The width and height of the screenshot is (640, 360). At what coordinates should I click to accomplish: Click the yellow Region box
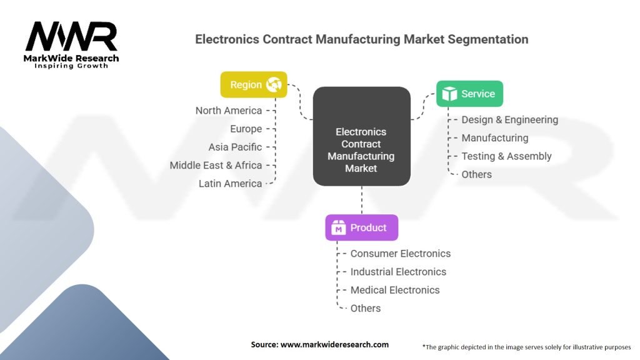click(254, 84)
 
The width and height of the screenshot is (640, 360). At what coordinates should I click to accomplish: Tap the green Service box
click(469, 94)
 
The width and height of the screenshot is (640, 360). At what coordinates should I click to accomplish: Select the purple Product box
click(362, 227)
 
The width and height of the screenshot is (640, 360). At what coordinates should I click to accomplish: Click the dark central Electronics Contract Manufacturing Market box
click(362, 136)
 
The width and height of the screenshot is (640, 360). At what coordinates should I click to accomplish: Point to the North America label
click(229, 111)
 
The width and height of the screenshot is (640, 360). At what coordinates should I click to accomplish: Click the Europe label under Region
click(246, 129)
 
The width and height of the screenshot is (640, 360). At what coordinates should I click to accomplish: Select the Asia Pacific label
click(235, 147)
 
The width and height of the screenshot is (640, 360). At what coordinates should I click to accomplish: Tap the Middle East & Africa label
click(216, 165)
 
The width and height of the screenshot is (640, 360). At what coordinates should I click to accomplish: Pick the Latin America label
click(230, 184)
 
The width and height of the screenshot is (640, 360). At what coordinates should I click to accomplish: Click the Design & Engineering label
click(510, 119)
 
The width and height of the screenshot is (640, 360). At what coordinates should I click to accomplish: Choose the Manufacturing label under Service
click(495, 138)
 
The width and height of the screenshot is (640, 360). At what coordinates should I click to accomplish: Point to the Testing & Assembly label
click(506, 156)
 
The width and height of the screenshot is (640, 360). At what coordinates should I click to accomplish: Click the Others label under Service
click(477, 174)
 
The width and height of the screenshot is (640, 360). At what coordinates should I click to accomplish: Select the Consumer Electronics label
click(401, 254)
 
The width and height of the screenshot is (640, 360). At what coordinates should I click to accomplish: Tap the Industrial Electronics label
click(398, 272)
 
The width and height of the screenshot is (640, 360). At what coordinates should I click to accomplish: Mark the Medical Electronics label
click(395, 290)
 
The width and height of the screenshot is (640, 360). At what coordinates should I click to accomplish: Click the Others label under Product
click(365, 308)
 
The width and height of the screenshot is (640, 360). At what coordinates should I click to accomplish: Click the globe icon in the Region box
click(274, 84)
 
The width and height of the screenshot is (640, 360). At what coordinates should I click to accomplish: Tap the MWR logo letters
click(71, 36)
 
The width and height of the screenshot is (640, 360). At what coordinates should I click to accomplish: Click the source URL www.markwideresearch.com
click(334, 344)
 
